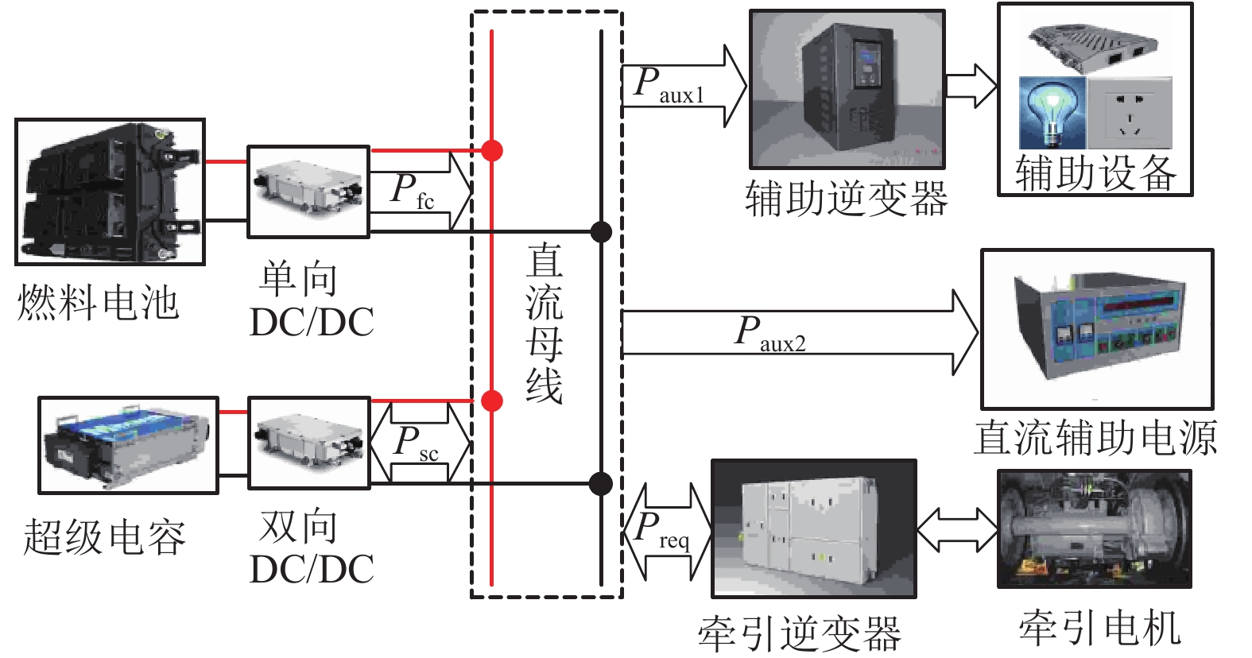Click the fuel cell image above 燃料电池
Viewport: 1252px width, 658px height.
point(110,192)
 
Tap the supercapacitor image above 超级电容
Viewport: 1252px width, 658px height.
point(128,445)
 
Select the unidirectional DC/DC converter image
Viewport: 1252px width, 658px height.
point(308,192)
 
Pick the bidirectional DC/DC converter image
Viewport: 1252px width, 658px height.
point(309,443)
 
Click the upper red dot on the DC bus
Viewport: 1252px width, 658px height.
point(492,149)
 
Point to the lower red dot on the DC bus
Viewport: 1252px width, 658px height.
point(492,401)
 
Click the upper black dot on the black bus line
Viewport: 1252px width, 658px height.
point(601,232)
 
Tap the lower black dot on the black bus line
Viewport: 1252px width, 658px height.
point(601,483)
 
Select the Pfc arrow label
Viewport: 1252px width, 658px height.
point(413,192)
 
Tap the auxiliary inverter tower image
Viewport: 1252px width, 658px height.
point(847,88)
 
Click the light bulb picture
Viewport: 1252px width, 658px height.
point(1052,112)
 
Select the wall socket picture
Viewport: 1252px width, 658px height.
point(1130,113)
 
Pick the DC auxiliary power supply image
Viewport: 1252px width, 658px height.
point(1097,329)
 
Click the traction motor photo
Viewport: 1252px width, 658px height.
point(1095,528)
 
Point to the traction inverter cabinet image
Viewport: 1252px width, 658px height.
point(814,528)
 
